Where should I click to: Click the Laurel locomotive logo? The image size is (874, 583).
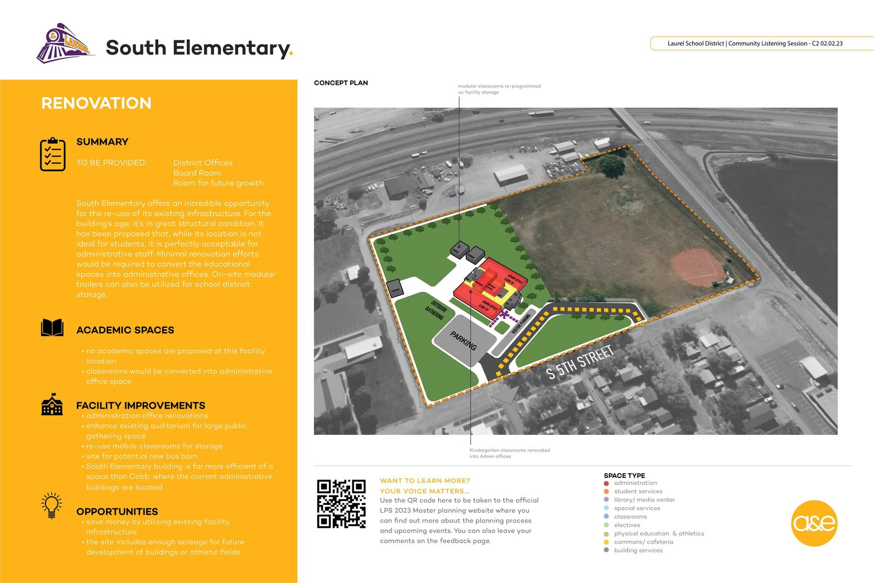pos(64,44)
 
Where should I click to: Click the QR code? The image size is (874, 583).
pos(341,504)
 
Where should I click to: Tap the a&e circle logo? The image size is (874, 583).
pos(814,523)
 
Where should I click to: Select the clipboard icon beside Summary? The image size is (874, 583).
pos(52,155)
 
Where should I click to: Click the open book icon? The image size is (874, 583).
pos(52,328)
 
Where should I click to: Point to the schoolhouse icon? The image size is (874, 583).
pos(52,404)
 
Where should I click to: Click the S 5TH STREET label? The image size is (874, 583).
pos(580,362)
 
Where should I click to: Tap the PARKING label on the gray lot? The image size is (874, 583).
pos(463,340)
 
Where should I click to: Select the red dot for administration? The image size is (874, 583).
pos(606,483)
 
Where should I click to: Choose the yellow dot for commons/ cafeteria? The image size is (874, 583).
pos(606,542)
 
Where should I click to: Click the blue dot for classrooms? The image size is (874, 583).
pos(606,516)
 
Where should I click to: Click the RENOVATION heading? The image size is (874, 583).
pos(96,103)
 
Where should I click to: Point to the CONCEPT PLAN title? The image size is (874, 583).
pos(341,83)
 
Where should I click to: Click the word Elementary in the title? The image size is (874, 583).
pos(232,48)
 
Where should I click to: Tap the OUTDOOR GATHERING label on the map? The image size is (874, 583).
pos(436,310)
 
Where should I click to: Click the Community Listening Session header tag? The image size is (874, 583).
pos(755,43)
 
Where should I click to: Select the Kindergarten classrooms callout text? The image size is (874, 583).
pos(510,453)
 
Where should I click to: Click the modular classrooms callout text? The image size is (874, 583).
pos(499,89)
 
